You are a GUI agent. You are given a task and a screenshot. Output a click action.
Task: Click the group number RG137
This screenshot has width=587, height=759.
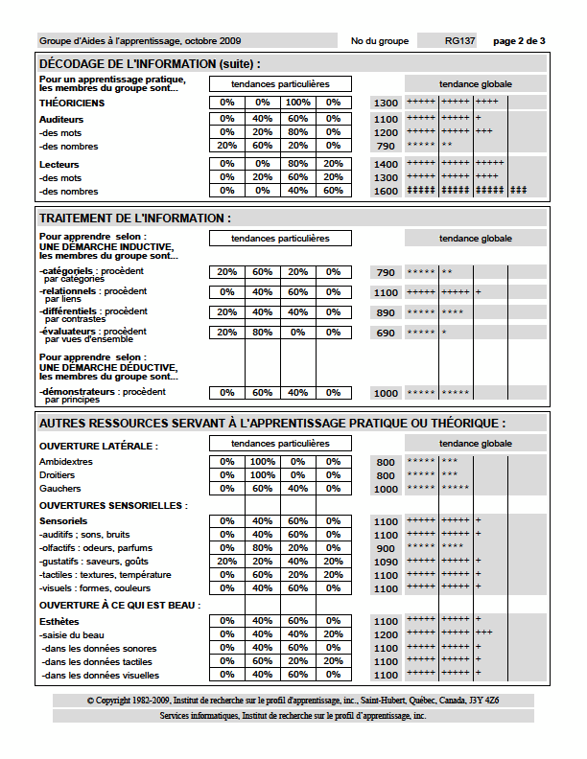coord(460,41)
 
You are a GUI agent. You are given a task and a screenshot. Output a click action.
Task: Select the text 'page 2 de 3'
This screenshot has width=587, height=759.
coord(519,41)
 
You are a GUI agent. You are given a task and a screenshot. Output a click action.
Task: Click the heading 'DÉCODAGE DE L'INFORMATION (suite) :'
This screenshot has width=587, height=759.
coord(149,63)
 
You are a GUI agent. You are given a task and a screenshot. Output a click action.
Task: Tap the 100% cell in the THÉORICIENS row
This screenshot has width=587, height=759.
coord(297,103)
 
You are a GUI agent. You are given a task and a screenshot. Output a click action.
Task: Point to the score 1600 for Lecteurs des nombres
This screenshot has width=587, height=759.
coord(386,191)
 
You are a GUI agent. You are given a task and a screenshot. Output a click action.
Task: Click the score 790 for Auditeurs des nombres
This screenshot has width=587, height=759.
coord(386,146)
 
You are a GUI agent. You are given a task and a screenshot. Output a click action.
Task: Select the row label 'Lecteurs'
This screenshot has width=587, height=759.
coord(59,164)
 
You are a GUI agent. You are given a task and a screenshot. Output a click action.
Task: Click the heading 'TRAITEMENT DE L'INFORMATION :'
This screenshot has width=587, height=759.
coord(135,218)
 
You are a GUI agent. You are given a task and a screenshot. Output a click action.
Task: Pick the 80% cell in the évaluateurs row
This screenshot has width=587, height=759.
coord(262,333)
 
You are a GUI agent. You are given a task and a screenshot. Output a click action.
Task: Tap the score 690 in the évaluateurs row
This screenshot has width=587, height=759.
coord(386,333)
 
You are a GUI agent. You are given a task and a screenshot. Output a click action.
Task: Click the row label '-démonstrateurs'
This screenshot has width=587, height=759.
coord(70,391)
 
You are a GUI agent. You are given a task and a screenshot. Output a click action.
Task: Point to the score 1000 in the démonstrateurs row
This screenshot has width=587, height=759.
coord(386,393)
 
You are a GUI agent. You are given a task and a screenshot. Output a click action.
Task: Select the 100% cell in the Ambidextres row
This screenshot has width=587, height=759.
coord(262,462)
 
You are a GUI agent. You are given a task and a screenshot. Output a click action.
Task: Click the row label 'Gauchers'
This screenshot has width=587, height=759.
coord(60,489)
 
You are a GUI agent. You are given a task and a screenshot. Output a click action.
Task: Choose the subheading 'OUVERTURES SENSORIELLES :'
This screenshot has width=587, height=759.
coord(113,505)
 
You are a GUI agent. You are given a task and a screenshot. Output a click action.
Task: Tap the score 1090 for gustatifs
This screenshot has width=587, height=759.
coord(386,562)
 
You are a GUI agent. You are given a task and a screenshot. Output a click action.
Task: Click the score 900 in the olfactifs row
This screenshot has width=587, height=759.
coord(386,548)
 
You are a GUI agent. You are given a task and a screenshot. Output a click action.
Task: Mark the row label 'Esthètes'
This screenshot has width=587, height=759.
coord(59,620)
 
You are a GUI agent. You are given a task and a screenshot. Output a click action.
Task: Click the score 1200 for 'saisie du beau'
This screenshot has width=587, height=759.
coord(386,634)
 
